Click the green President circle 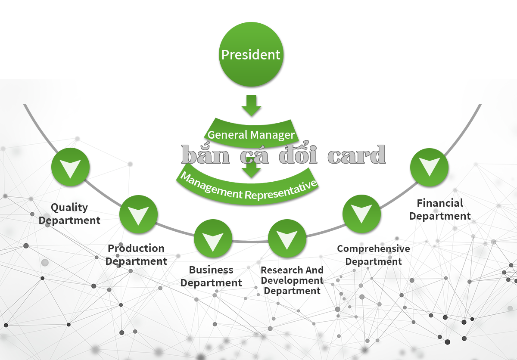tap(251, 54)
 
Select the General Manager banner tap(251, 133)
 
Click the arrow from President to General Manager tap(251, 106)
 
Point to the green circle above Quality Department tap(70, 167)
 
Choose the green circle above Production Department tap(138, 214)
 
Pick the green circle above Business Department tap(213, 238)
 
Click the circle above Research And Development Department tap(287, 238)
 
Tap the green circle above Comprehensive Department tap(361, 214)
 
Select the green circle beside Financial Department tap(429, 167)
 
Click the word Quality tap(69, 208)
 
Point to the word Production tap(136, 248)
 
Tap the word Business tap(211, 270)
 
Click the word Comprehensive tap(374, 249)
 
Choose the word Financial tap(440, 203)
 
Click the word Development tap(292, 281)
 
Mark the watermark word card tap(357, 155)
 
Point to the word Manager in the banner tap(273, 135)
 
